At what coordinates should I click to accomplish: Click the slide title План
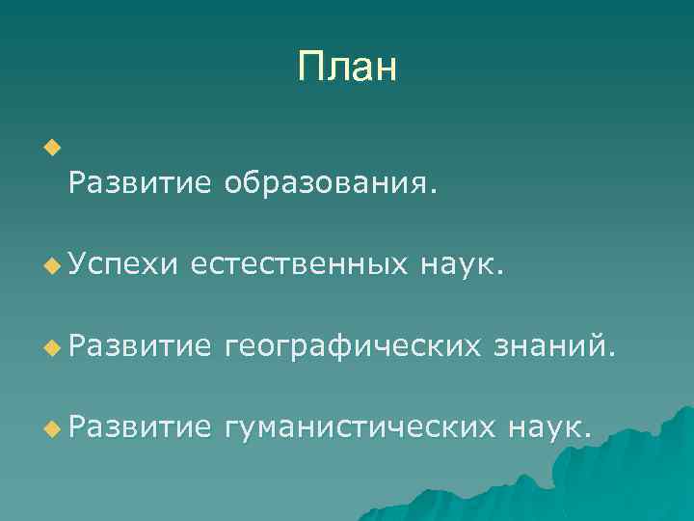point(347,68)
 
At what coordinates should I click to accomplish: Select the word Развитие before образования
point(139,182)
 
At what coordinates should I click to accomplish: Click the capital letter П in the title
point(310,69)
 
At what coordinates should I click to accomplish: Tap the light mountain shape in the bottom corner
point(617,473)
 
